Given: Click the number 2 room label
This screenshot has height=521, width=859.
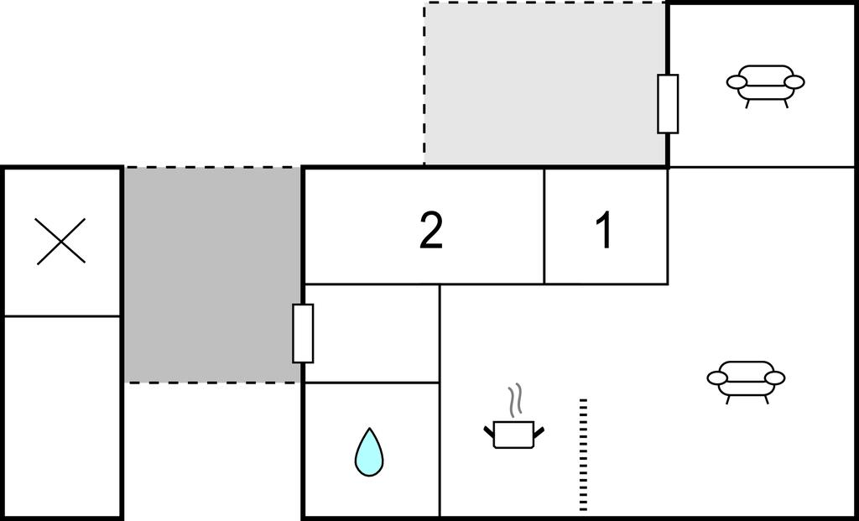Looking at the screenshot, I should click(x=430, y=231).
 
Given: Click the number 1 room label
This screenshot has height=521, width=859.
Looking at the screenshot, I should click(x=604, y=230).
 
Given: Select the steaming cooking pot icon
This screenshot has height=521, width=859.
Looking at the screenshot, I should click(x=513, y=432).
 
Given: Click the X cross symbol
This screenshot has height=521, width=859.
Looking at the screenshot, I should click(x=61, y=241).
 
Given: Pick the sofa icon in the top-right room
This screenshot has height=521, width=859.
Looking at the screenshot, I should click(x=765, y=85).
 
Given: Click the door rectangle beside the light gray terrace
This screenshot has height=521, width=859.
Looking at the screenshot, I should click(x=668, y=103).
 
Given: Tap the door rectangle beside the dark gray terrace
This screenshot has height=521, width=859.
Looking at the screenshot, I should click(x=303, y=333).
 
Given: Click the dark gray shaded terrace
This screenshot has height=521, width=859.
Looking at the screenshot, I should click(x=212, y=274).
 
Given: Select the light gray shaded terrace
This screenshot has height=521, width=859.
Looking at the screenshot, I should click(x=544, y=83).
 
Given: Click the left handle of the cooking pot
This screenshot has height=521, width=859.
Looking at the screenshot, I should click(x=489, y=431).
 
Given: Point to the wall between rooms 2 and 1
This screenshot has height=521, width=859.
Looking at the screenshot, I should click(x=544, y=226).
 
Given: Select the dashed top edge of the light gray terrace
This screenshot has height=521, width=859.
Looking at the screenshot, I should click(x=544, y=3).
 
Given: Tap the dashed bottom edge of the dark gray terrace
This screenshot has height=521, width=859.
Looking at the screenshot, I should click(x=212, y=383).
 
